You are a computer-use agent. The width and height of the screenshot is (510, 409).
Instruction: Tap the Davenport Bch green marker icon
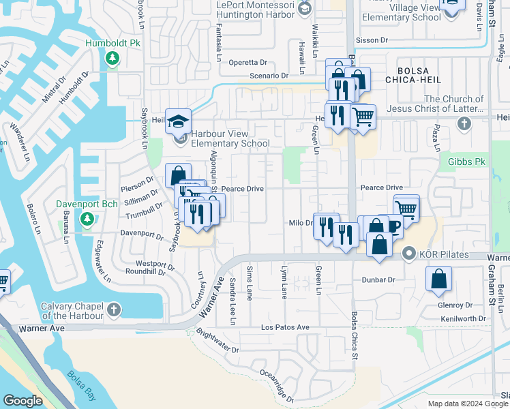[87, 219]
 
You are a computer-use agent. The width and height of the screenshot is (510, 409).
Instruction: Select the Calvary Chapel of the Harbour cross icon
[114, 310]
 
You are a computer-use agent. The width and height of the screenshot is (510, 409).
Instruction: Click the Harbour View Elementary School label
[230, 138]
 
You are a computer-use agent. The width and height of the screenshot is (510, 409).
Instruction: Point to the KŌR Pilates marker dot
[409, 254]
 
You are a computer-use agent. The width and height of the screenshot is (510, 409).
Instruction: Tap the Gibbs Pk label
[468, 162]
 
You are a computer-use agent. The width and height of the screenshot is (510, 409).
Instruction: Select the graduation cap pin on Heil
[178, 123]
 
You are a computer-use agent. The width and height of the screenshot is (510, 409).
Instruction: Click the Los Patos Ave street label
[286, 327]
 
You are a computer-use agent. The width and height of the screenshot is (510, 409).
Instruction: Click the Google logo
[23, 401]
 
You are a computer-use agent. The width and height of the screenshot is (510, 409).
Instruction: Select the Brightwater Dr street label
[217, 342]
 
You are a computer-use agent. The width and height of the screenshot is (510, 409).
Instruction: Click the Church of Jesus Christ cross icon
[464, 123]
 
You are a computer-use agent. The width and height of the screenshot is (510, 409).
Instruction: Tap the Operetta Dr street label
[252, 61]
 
